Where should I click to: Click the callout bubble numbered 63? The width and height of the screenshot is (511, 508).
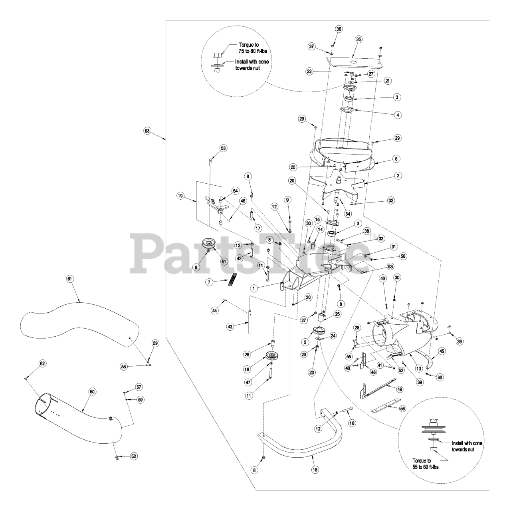tap(147, 131)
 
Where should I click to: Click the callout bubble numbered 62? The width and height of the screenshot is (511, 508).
tap(42, 364)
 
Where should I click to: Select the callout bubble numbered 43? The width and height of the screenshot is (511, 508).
tap(230, 327)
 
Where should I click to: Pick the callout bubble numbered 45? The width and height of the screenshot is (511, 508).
tap(442, 351)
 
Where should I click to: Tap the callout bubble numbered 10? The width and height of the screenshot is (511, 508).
tap(352, 423)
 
